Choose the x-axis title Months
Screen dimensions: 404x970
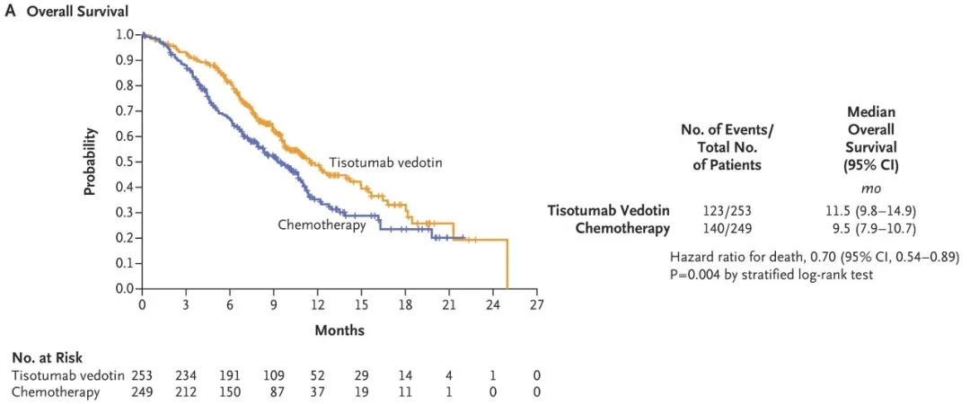coord(339,330)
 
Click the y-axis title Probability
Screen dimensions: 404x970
coord(91,162)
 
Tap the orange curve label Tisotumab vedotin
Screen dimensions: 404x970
coord(385,162)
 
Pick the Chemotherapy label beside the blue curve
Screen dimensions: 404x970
coord(322,225)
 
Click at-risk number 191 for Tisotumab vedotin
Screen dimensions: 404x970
coord(230,374)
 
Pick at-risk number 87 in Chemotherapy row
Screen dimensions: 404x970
coord(274,391)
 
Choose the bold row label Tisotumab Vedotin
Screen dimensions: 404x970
coord(609,210)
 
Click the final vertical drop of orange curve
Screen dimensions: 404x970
coord(508,265)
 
